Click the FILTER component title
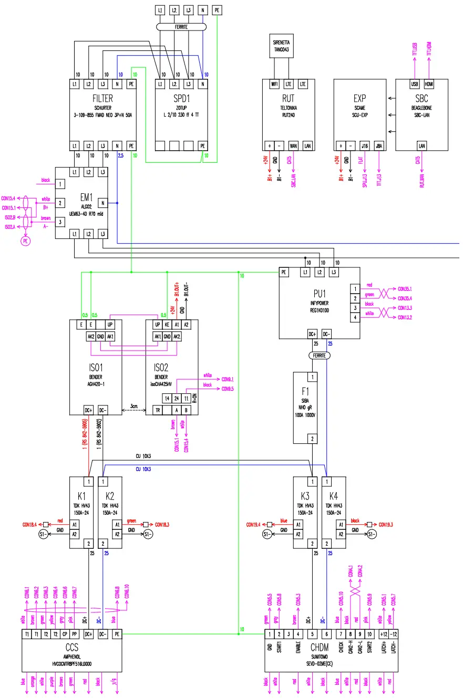click(102, 98)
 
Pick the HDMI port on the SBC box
click(429, 84)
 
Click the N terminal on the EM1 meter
click(103, 203)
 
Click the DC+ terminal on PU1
click(312, 334)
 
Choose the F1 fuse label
click(306, 391)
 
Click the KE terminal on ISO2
click(167, 325)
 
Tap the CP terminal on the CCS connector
click(65, 634)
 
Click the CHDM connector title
click(319, 648)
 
